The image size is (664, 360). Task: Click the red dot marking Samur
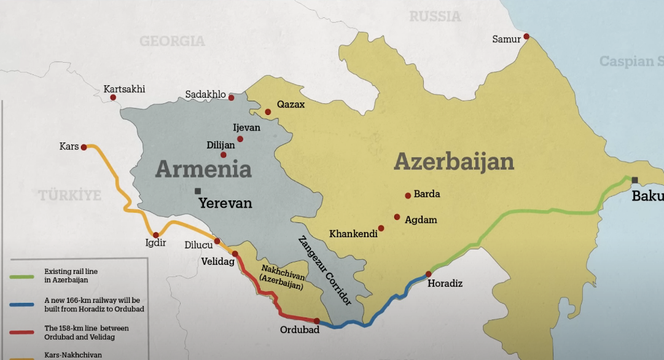[526, 37]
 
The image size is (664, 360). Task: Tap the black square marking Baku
[635, 180]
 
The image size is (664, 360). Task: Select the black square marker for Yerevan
[198, 190]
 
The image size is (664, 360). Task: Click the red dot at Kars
[84, 147]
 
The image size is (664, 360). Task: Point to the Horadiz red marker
[428, 274]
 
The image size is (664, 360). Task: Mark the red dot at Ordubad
[316, 321]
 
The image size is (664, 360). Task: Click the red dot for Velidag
[235, 253]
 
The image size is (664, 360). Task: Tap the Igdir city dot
[156, 235]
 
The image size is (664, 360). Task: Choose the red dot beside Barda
[407, 195]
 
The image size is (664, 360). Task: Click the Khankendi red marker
[381, 228]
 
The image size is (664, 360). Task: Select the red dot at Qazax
[268, 112]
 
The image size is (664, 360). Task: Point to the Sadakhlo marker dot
[232, 98]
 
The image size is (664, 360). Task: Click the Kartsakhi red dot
[113, 98]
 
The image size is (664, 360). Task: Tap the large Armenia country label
[203, 168]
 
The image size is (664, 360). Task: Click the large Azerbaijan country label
[453, 162]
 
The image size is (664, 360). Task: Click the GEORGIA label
[172, 41]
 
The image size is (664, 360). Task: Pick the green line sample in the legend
[25, 277]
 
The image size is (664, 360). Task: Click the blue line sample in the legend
[25, 305]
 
